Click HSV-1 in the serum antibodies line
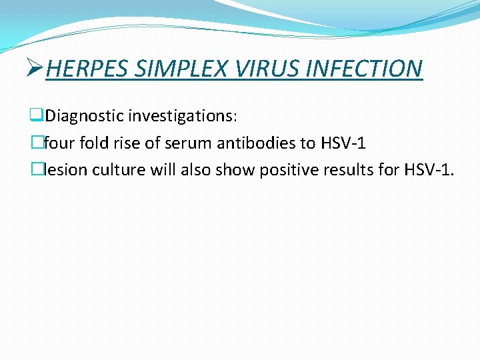[343, 143]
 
